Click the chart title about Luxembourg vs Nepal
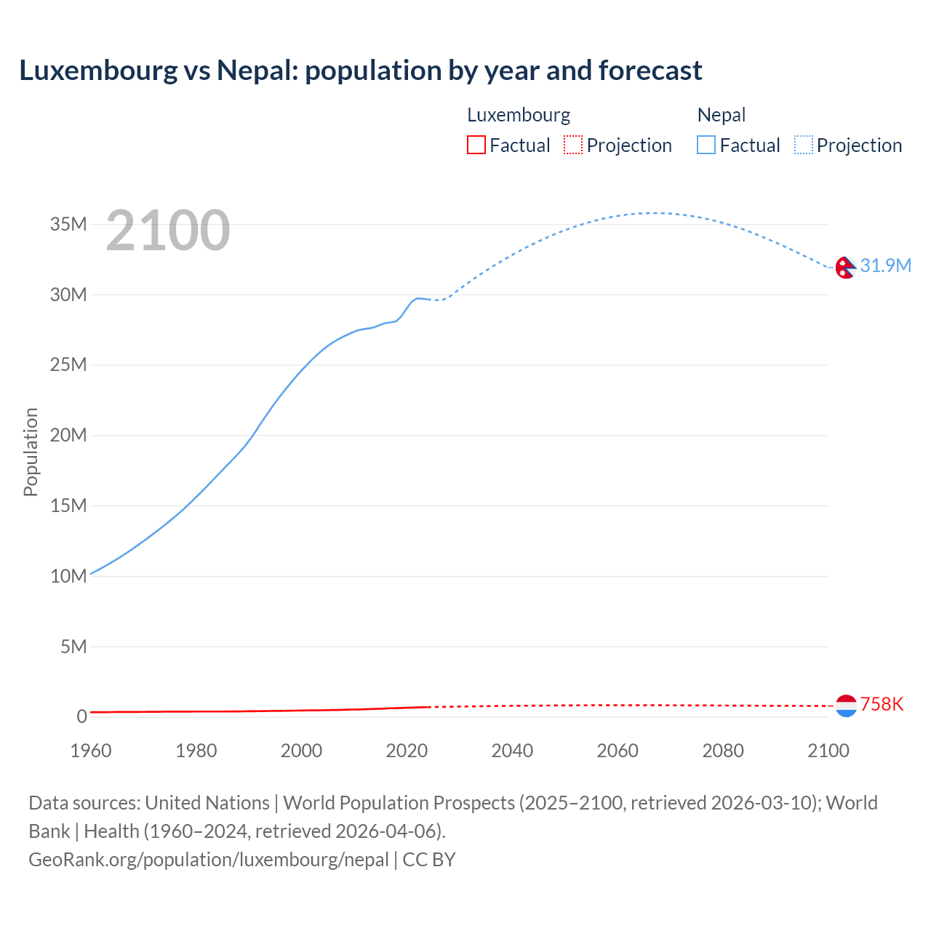point(361,71)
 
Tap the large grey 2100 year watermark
point(168,231)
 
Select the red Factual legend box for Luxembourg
point(476,145)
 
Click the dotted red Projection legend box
point(573,145)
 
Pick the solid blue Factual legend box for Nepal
point(706,145)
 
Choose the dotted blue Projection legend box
point(803,145)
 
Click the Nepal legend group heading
point(721,115)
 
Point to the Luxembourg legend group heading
point(518,115)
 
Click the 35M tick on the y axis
point(68,224)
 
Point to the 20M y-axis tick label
point(68,435)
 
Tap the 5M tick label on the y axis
point(73,647)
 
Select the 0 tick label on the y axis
point(81,716)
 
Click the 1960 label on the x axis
point(91,751)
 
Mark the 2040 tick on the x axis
point(512,751)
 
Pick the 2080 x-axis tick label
point(723,751)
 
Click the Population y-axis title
point(31,452)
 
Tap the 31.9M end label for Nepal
point(885,265)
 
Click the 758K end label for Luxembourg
point(882,704)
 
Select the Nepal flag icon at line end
point(845,268)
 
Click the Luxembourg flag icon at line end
point(846,706)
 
